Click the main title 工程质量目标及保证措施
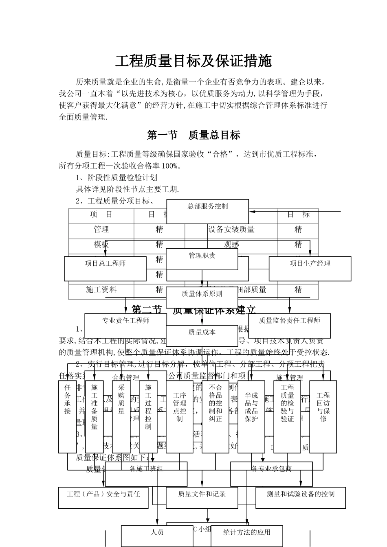193,61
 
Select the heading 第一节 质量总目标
193,135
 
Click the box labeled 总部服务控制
207,211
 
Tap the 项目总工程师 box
105,269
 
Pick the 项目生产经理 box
310,269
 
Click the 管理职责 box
202,259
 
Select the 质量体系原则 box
202,297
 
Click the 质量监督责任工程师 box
289,326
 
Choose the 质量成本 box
202,335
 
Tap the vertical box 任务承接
67,416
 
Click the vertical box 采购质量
121,416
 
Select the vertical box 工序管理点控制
180,416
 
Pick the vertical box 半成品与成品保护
251,416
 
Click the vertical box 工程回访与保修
323,416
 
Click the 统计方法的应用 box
247,536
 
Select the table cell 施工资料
101,290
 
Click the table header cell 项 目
101,215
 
